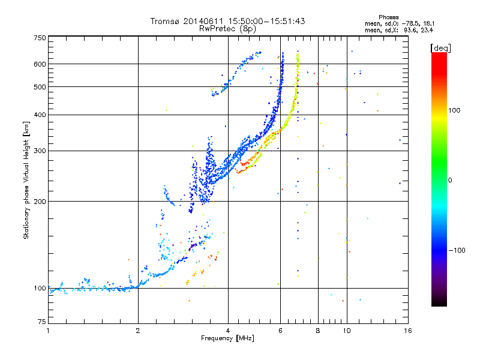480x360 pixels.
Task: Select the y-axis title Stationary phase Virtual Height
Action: click(x=26, y=179)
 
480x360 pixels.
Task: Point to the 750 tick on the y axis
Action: click(x=40, y=37)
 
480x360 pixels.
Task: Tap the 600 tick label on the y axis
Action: click(x=40, y=64)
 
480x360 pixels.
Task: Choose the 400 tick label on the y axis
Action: click(x=40, y=115)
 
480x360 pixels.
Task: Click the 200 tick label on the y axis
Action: click(x=40, y=201)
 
